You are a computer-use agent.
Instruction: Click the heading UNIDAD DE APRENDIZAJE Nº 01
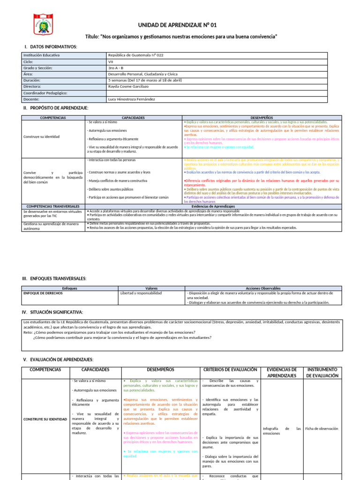tap(177, 25)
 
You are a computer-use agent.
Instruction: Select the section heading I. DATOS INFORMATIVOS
tap(50, 47)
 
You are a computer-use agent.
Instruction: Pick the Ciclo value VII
tap(111, 61)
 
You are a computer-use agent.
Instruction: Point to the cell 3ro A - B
tap(115, 68)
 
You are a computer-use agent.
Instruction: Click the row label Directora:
tap(35, 87)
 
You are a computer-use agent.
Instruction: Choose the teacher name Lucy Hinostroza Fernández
tap(131, 99)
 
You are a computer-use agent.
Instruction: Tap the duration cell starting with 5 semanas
tap(144, 81)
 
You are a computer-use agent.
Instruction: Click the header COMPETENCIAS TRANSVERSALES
tap(53, 206)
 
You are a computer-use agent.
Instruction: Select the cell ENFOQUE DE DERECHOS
tap(43, 293)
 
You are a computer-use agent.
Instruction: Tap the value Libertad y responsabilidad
tap(141, 293)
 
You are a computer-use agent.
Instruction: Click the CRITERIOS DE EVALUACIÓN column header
tap(230, 370)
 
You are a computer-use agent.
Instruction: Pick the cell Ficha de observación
tap(322, 428)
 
